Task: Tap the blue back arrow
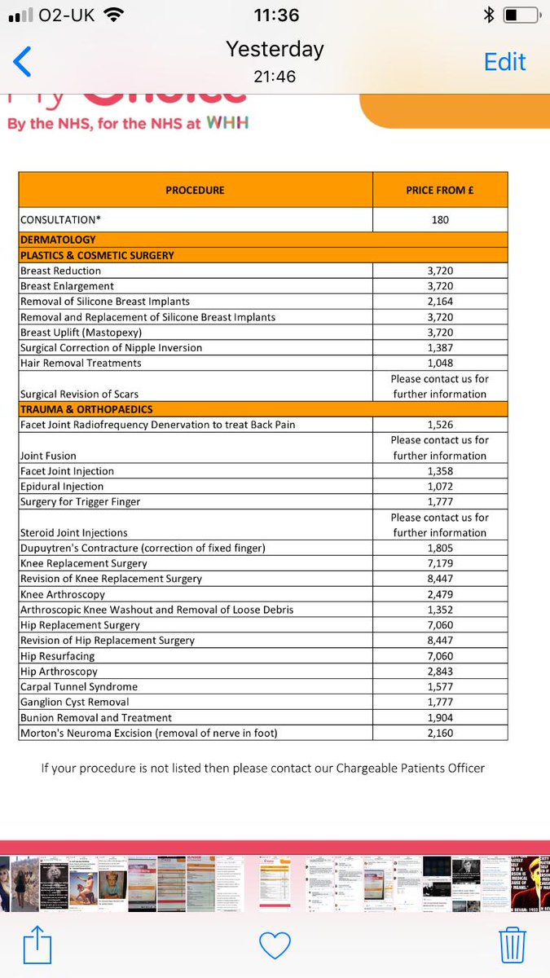(x=22, y=62)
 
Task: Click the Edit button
(x=504, y=62)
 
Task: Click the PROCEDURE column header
(x=195, y=190)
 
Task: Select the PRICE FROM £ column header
(x=440, y=190)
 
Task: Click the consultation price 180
(x=440, y=220)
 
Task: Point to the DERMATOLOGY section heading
(x=58, y=240)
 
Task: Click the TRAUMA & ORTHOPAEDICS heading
(x=86, y=409)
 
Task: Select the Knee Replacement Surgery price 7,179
(x=440, y=563)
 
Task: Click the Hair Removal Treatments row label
(x=81, y=363)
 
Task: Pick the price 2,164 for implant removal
(x=440, y=302)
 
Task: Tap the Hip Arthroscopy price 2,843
(x=440, y=672)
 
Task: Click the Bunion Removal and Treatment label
(x=96, y=718)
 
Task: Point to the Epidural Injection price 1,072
(x=440, y=487)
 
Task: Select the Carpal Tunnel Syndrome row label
(x=79, y=687)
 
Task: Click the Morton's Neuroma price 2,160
(x=440, y=733)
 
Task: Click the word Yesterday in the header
(x=275, y=50)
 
